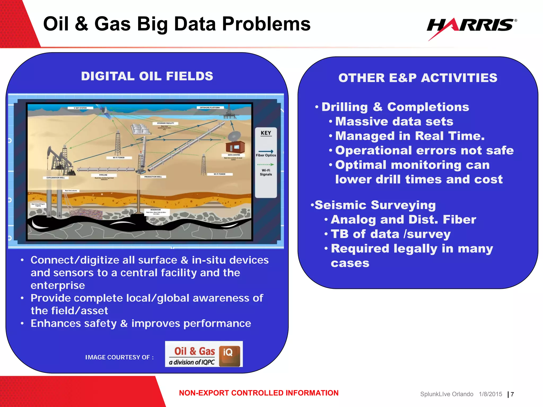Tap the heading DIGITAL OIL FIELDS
tap(147, 76)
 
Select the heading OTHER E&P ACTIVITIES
tap(418, 78)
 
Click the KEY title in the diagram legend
tap(266, 133)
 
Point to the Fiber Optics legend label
tap(266, 155)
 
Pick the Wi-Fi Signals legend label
tap(266, 172)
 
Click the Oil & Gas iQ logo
tap(204, 354)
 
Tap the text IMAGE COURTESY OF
tap(119, 357)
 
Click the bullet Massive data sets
tap(394, 122)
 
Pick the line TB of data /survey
tap(391, 234)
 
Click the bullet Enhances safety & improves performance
tap(141, 324)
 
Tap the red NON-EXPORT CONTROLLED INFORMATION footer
tap(259, 393)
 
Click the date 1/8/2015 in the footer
tap(490, 394)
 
